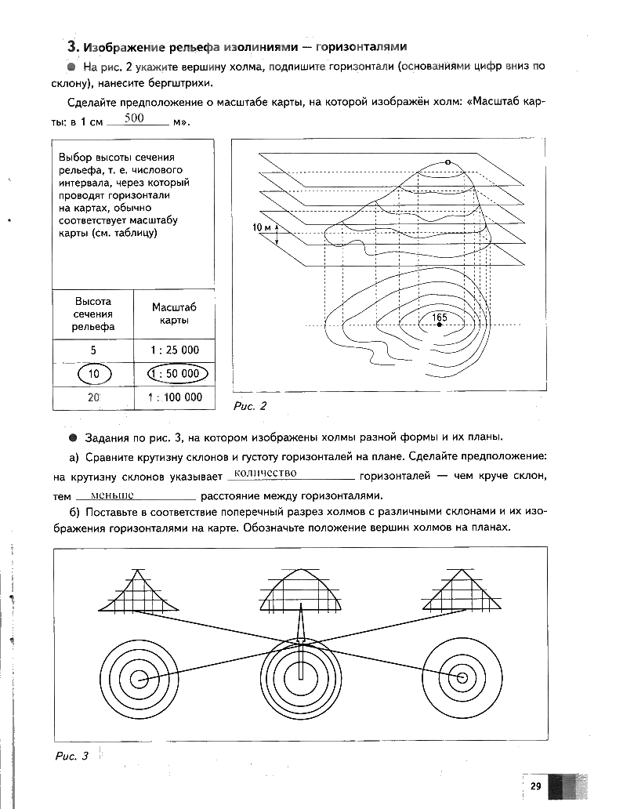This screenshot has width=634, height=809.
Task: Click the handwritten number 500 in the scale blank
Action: pos(135,118)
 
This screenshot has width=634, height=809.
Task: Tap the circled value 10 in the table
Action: pos(93,374)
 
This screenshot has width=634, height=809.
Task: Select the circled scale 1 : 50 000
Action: pos(173,374)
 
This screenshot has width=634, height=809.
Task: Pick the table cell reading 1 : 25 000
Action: pos(173,350)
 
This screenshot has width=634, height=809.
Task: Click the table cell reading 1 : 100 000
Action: pos(174,397)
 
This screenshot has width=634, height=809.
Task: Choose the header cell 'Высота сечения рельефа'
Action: pos(93,314)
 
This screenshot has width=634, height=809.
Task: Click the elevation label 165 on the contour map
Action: pos(440,317)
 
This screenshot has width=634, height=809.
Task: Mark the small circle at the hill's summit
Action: pos(447,162)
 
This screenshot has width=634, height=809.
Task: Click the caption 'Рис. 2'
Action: pos(251,406)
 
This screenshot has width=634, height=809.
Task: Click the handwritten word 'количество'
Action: pos(264,473)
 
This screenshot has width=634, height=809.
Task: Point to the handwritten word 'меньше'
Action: pos(112,495)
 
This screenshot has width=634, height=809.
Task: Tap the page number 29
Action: pos(536,787)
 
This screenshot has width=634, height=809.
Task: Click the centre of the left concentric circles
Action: pos(139,679)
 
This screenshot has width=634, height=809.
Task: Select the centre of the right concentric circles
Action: pos(462,677)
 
